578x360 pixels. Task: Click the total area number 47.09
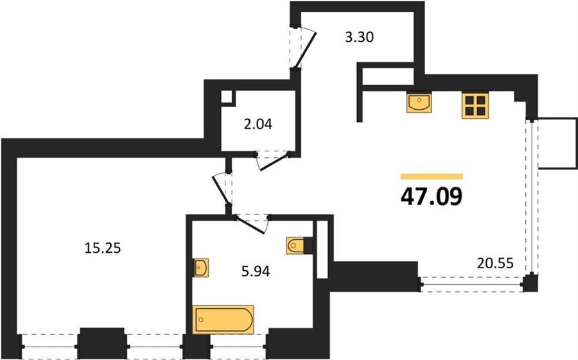pyautogui.click(x=432, y=196)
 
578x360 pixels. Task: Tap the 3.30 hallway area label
pyautogui.click(x=359, y=37)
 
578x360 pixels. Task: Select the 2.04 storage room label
pyautogui.click(x=258, y=124)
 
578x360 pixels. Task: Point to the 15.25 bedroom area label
pyautogui.click(x=103, y=248)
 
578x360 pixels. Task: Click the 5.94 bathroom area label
pyautogui.click(x=256, y=271)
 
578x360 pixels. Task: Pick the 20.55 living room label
pyautogui.click(x=495, y=263)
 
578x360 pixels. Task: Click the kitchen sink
pyautogui.click(x=418, y=102)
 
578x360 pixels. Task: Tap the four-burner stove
pyautogui.click(x=475, y=105)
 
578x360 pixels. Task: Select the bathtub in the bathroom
pyautogui.click(x=224, y=320)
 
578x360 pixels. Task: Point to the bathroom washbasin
pyautogui.click(x=201, y=268)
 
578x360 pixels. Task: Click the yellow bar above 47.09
pyautogui.click(x=432, y=176)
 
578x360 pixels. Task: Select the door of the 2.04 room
pyautogui.click(x=274, y=162)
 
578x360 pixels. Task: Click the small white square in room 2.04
pyautogui.click(x=226, y=96)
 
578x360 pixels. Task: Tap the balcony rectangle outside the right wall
pyautogui.click(x=557, y=143)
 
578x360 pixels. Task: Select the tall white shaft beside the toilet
pyautogui.click(x=322, y=250)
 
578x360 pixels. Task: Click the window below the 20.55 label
pyautogui.click(x=472, y=284)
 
